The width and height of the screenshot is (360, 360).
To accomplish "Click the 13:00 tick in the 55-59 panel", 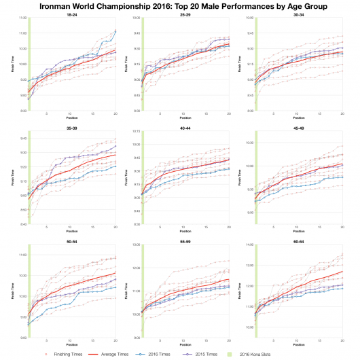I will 136,244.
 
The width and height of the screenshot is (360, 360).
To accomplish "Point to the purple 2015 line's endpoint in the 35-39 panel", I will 115,146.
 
